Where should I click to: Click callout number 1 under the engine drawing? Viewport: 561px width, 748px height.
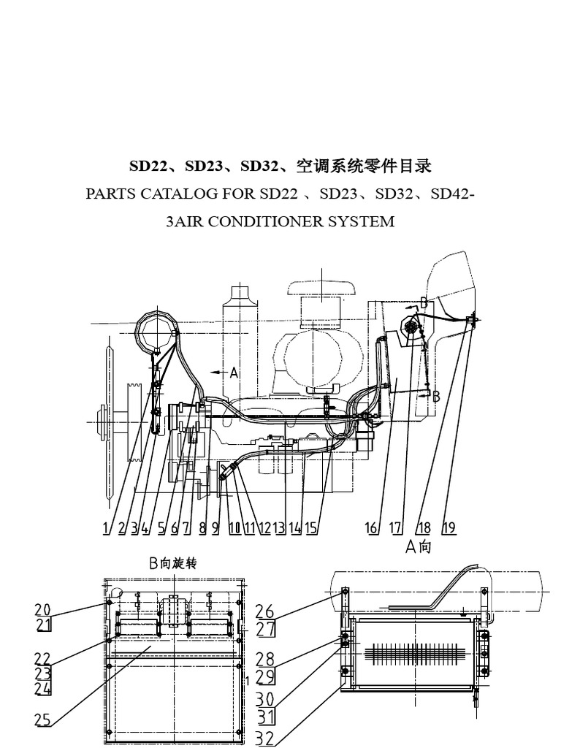coord(107,527)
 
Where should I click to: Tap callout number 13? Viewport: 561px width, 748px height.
coord(279,527)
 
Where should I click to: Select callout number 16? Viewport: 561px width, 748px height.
coord(372,527)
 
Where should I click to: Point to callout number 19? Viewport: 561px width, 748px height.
coord(449,527)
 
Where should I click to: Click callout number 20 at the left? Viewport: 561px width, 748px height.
coord(42,610)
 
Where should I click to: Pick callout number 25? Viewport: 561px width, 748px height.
coord(42,720)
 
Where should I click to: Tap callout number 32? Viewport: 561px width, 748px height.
coord(265,739)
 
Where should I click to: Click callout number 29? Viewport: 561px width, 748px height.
coord(264,676)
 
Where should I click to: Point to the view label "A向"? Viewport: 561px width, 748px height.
coord(419,546)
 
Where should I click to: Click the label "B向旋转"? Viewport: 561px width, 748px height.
coord(173,563)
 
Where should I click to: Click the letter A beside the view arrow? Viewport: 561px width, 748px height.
coord(234,373)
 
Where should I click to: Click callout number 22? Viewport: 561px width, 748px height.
coord(42,657)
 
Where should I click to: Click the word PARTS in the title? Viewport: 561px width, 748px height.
coord(109,194)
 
